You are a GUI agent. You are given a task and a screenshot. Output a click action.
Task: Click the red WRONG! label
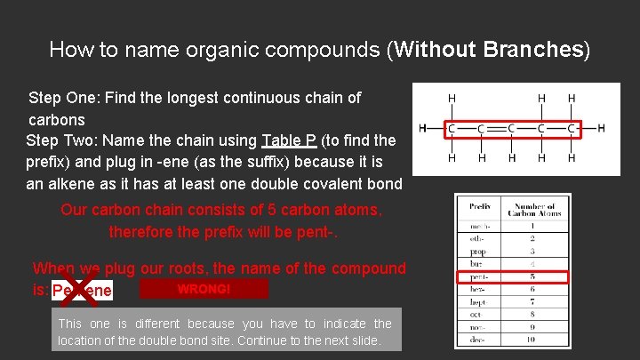coord(204,289)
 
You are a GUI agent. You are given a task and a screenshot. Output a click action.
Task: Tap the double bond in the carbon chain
coord(495,128)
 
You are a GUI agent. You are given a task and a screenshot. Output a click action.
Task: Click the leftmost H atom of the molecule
coord(422,128)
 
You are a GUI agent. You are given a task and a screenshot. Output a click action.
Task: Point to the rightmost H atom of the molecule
coord(602,128)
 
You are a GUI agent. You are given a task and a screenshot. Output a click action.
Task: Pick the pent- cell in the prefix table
coord(479,276)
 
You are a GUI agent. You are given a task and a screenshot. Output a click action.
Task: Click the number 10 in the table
coord(531,339)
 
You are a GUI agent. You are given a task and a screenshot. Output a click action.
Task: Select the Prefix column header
coord(480,206)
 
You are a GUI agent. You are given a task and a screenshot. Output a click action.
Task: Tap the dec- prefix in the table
coord(479,339)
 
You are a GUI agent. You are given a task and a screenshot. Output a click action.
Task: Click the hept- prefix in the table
coord(479,301)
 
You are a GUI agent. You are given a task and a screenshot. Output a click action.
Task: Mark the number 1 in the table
coord(531,227)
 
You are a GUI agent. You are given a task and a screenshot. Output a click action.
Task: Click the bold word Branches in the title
coord(532,50)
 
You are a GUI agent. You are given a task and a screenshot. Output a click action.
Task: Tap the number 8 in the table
coord(531,314)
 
